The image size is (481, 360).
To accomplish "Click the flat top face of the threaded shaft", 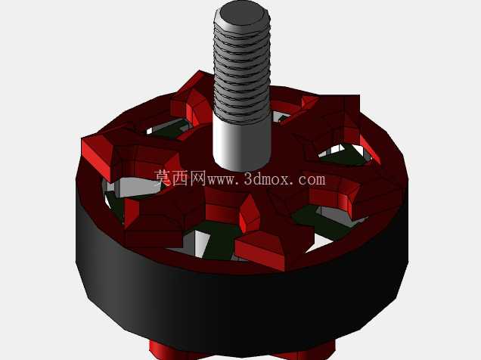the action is [242, 15].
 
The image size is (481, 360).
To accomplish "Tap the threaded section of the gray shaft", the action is [242, 70].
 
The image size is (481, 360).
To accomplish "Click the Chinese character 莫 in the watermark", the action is [163, 178].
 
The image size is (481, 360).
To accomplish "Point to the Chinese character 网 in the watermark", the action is [197, 178].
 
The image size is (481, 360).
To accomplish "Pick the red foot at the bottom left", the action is [167, 350].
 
